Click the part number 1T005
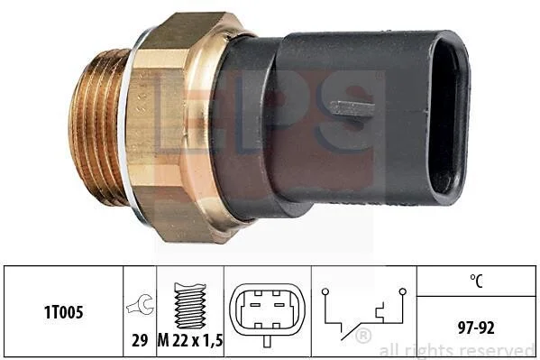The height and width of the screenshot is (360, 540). tap(64, 312)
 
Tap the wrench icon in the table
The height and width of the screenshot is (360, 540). tap(140, 304)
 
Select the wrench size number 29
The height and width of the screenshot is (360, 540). tap(140, 340)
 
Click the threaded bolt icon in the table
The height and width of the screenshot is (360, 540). tap(190, 306)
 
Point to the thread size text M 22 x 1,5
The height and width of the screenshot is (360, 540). tap(190, 341)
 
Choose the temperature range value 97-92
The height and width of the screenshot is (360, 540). tap(476, 328)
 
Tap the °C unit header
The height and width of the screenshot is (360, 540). tap(476, 281)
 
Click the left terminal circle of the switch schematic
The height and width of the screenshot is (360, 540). tap(325, 292)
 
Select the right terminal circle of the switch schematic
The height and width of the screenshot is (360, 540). tap(403, 292)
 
